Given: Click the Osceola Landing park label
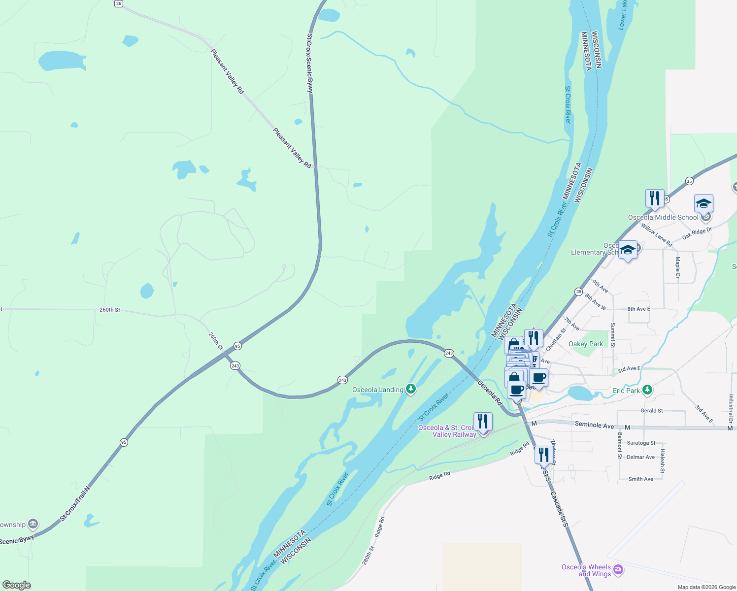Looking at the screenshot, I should [377, 390].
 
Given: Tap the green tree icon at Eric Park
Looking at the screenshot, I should [647, 390].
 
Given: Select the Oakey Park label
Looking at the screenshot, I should [585, 344].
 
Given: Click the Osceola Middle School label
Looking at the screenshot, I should [663, 217].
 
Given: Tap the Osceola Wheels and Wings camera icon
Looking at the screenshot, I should [618, 570].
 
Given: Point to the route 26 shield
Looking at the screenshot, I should [118, 3].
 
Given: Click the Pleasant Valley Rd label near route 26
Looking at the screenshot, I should [227, 71].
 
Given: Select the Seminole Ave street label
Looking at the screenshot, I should [595, 425].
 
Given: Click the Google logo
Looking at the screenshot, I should [16, 585].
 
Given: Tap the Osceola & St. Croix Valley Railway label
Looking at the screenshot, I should [447, 431].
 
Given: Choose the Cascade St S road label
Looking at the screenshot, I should [559, 509].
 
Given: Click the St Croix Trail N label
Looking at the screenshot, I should [75, 504].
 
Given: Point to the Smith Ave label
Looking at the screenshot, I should [640, 479].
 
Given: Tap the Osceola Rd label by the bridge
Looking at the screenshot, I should [490, 393].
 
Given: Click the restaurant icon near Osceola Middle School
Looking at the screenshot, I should [655, 198].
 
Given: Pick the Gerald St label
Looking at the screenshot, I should [651, 410].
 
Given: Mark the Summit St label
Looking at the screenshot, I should [613, 335].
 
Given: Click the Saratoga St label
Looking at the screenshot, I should [641, 443].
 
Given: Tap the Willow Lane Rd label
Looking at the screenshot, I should [657, 235].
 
